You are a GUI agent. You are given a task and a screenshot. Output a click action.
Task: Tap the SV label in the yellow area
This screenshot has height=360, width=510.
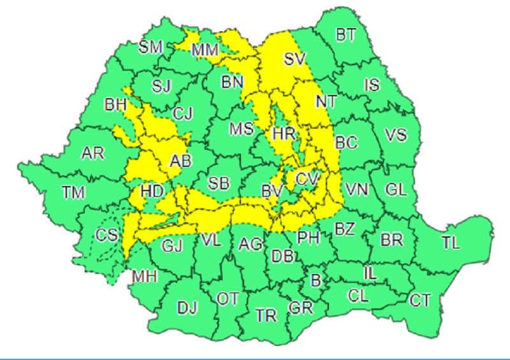point(295,60)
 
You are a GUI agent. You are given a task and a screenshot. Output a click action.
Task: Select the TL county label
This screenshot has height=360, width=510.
point(450,242)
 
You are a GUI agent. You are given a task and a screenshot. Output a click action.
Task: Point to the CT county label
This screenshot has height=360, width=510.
point(419,299)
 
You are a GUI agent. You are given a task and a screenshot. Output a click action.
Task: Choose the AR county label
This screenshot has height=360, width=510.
point(93,154)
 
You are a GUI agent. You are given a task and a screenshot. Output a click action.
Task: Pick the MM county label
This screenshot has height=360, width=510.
point(205,49)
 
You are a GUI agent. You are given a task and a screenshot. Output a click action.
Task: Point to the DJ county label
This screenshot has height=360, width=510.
point(187,308)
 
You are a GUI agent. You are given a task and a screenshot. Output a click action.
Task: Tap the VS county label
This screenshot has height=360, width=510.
point(397,135)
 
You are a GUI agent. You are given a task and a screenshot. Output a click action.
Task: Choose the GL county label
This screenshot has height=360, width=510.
point(396,189)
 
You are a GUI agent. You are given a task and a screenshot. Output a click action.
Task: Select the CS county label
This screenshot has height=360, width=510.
point(106,236)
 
